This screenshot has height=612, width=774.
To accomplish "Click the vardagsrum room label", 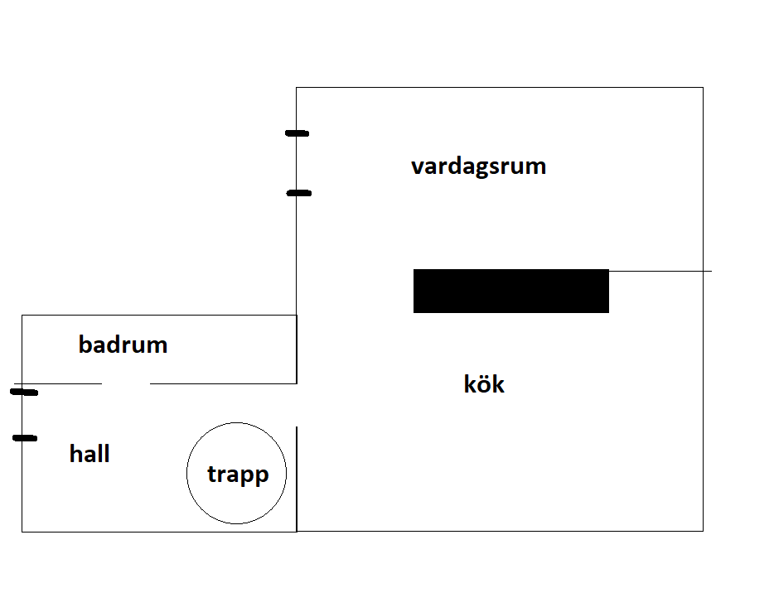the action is pos(478,166).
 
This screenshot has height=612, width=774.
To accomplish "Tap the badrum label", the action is pos(123,345).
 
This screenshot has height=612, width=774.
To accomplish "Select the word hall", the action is pos(89,453).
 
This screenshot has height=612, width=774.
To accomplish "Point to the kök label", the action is pos(484,383).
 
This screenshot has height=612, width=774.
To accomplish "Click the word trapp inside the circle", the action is pos(238,475).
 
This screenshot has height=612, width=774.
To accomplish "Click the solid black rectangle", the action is pos(511,291).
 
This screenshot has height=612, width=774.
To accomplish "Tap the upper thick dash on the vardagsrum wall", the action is pos(298,133).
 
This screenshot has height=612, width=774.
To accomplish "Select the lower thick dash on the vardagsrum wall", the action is pos(298,193).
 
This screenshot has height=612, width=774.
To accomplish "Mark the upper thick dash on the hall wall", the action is pos(24,392).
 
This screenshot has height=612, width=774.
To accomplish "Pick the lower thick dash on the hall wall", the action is pos(25,438).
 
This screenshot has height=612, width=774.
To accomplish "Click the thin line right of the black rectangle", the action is pos(660,271).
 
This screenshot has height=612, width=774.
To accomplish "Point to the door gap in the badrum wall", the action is pos(126,383).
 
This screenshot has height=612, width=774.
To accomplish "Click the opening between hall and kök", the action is pos(297,405).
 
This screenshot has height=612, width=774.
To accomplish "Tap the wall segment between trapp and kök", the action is pos(297,479).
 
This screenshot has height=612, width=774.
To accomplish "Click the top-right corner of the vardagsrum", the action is pos(703,87).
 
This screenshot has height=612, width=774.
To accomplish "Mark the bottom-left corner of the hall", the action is pos(22,532).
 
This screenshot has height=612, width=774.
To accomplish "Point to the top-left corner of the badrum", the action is pos(22,316).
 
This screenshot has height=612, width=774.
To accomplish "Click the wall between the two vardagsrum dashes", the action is pos(296,163).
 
